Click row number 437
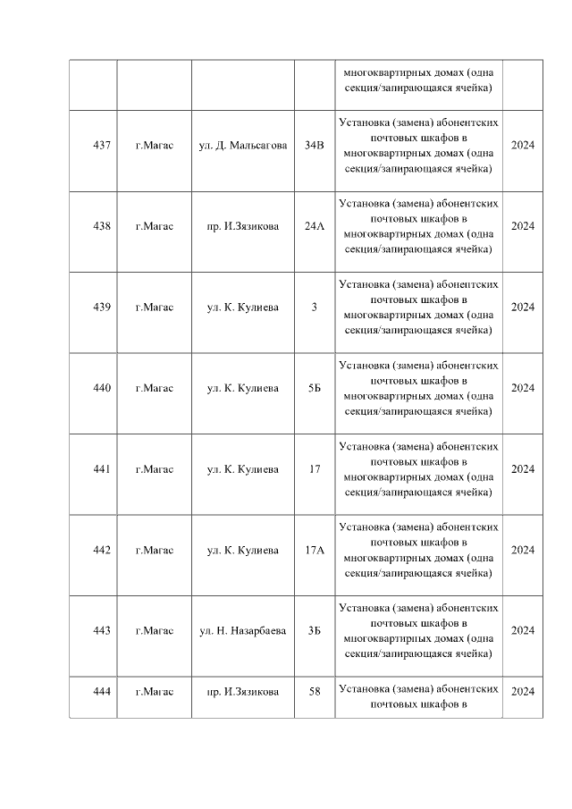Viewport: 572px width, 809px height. click(102, 145)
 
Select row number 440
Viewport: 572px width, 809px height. click(102, 388)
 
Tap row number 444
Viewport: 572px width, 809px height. click(102, 691)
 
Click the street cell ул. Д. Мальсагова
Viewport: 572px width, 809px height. click(243, 145)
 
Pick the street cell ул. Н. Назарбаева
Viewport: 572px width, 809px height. click(243, 630)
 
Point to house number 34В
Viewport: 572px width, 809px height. click(315, 145)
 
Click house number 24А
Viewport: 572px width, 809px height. click(315, 226)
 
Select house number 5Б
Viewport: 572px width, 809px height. click(315, 388)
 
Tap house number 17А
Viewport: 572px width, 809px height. click(315, 550)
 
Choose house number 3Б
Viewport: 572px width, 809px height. click(315, 630)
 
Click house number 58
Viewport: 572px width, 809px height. click(315, 691)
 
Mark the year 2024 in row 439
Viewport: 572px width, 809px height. click(522, 308)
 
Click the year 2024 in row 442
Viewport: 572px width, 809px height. click(522, 550)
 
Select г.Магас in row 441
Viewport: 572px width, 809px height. click(155, 469)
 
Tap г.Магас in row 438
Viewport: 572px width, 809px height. click(155, 226)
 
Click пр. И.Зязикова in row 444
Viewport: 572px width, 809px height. click(243, 691)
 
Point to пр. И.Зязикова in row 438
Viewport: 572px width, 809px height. click(243, 226)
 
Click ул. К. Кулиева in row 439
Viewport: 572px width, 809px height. click(243, 308)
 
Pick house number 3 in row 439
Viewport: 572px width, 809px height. click(315, 308)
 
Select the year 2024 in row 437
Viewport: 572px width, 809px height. click(522, 145)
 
